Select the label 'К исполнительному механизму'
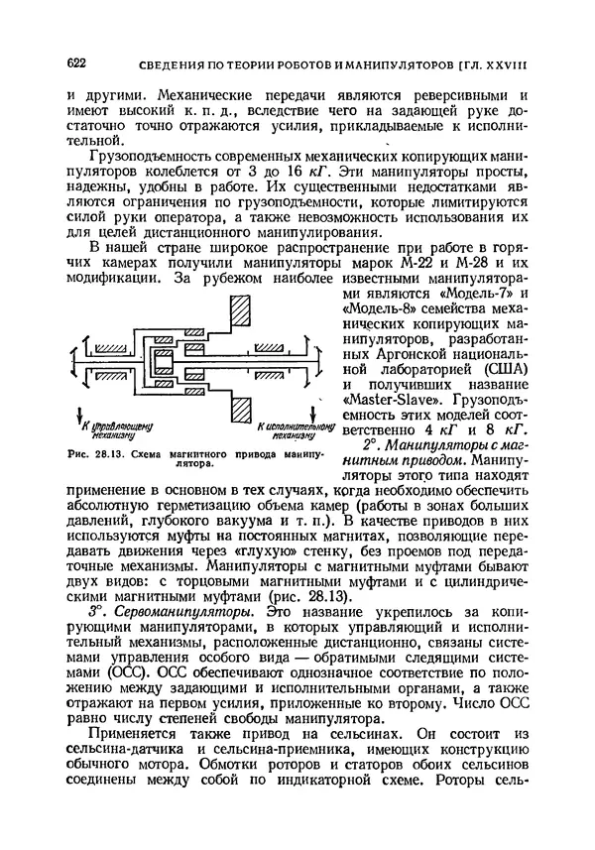(x=289, y=429)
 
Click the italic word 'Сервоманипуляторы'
(x=175, y=614)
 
